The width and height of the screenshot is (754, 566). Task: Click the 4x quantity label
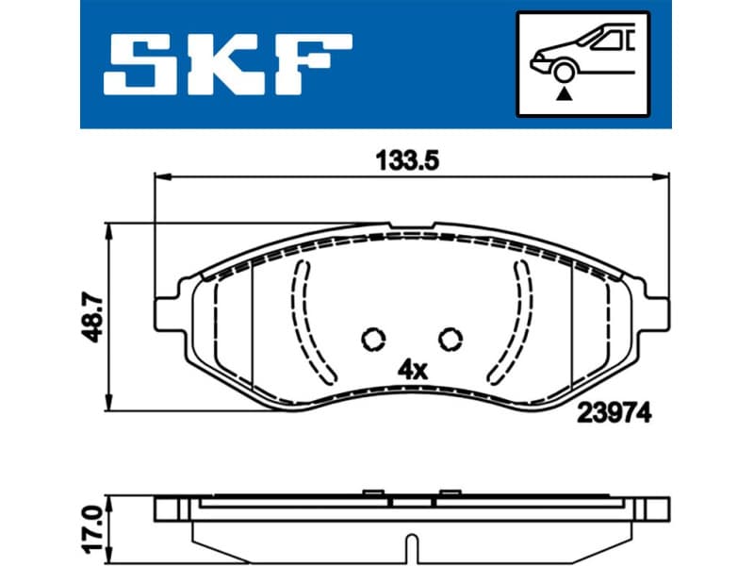tap(413, 369)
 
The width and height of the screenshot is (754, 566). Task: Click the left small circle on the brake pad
tap(373, 338)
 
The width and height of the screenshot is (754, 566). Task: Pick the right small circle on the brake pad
tap(451, 338)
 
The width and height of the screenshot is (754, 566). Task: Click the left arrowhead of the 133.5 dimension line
tap(162, 175)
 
